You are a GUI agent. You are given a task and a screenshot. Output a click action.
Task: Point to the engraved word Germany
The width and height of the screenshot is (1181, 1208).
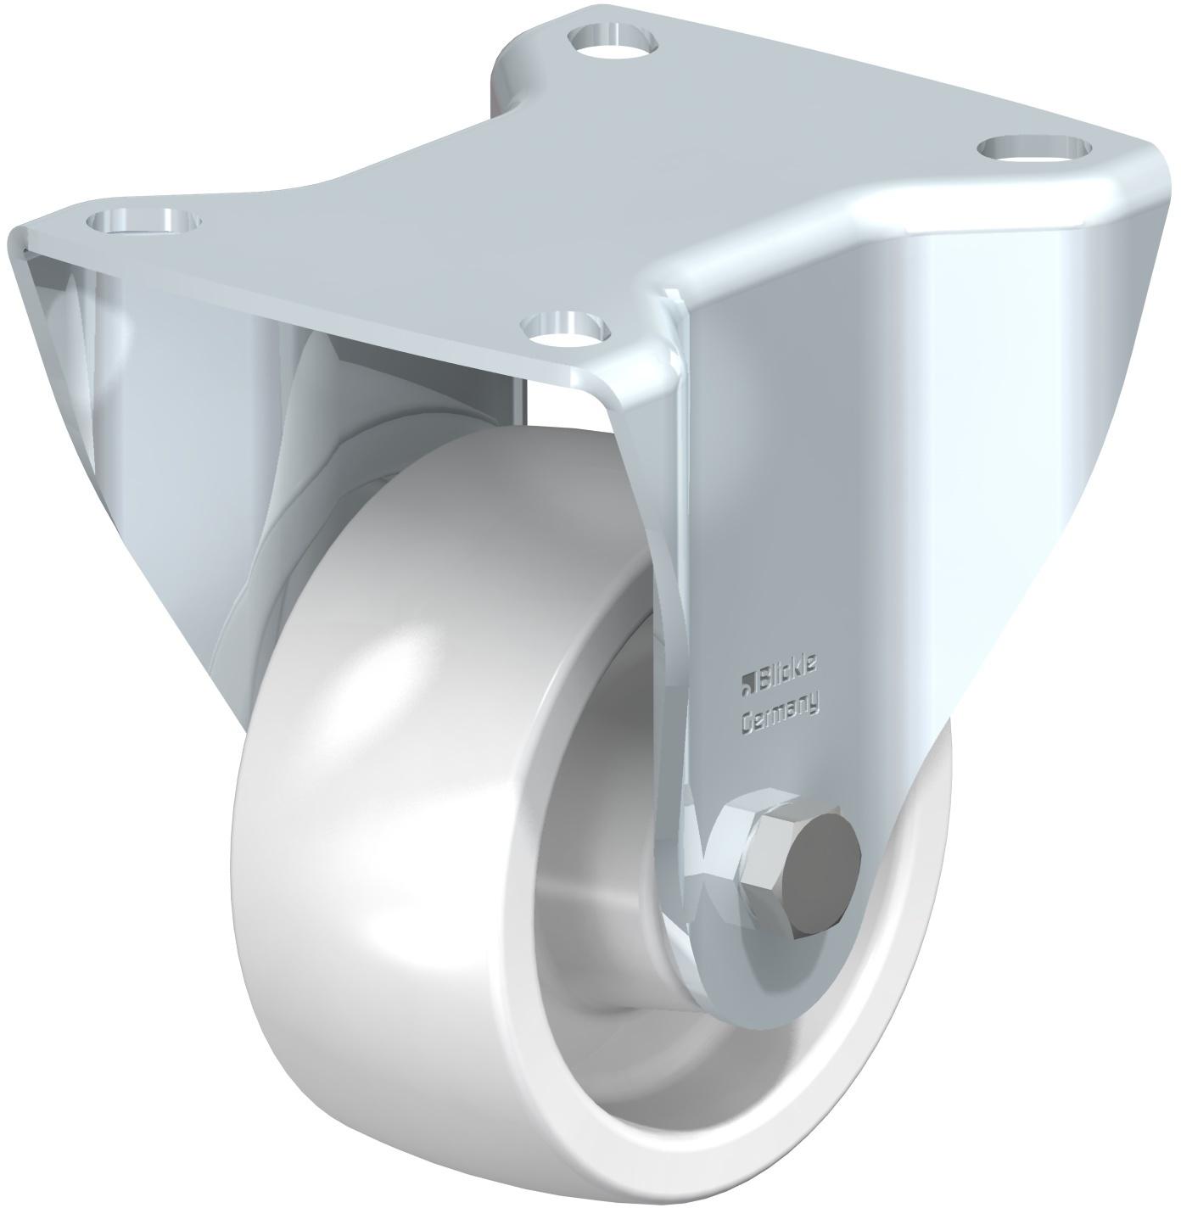click(781, 719)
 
